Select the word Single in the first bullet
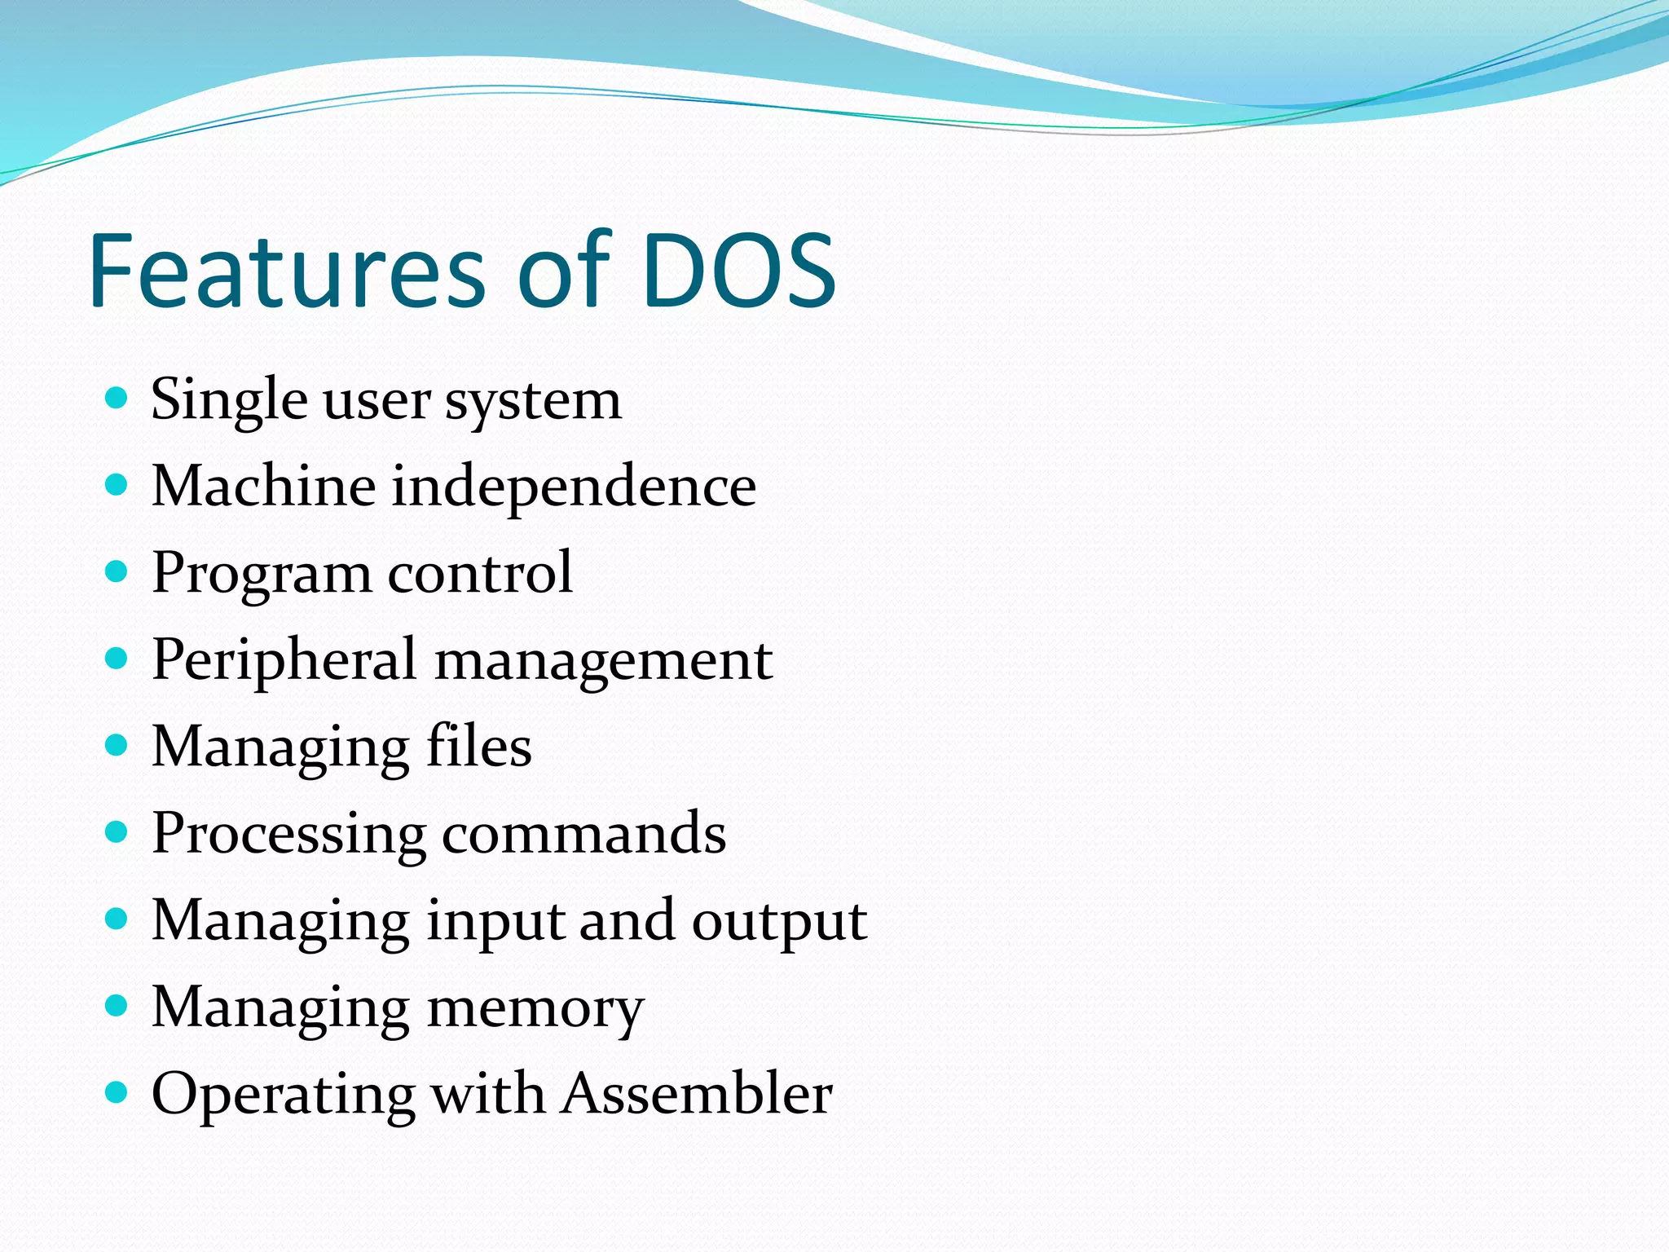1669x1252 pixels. click(x=229, y=401)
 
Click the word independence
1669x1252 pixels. click(x=574, y=487)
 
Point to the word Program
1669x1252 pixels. click(x=261, y=575)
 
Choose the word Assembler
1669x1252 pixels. click(x=698, y=1094)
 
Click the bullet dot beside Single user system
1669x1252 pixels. click(x=117, y=399)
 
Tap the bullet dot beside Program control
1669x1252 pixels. click(x=117, y=572)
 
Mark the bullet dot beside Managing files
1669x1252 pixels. click(x=117, y=745)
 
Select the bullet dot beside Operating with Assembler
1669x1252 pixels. click(x=117, y=1092)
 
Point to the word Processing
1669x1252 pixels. click(x=288, y=835)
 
